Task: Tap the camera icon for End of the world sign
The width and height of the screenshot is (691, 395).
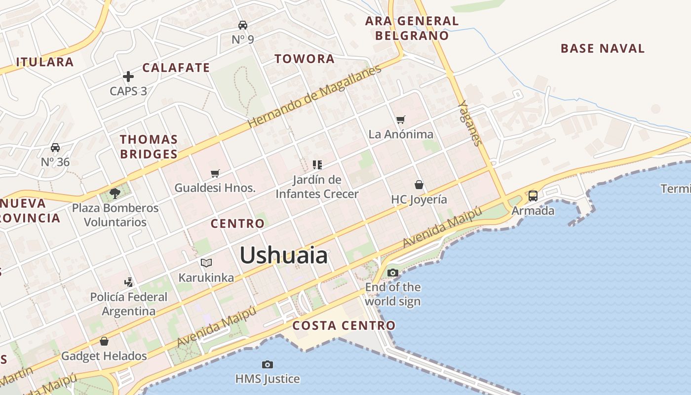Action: (x=393, y=273)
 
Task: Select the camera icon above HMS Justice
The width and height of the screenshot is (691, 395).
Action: (x=268, y=364)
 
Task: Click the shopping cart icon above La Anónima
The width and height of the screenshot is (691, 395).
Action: (x=401, y=119)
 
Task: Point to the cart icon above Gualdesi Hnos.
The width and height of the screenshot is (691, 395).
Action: (x=215, y=173)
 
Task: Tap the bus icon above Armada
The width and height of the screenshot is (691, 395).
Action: (x=533, y=196)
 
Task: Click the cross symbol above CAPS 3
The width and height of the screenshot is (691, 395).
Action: (x=128, y=77)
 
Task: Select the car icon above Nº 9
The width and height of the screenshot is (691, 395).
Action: (x=243, y=25)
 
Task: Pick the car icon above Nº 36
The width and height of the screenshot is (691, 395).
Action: (x=55, y=148)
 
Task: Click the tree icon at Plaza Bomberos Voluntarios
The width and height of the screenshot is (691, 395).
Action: (x=115, y=193)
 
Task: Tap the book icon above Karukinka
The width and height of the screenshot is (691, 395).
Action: (x=206, y=263)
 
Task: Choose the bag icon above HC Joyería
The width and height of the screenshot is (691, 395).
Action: (x=419, y=185)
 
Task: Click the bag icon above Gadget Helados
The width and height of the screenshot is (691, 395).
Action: (x=104, y=341)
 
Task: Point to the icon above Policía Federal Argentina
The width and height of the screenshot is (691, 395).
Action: (x=129, y=282)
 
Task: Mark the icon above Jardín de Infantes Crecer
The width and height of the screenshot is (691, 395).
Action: (x=317, y=164)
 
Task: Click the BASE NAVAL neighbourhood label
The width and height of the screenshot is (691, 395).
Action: (x=603, y=48)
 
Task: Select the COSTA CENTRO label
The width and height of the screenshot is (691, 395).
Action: (x=344, y=325)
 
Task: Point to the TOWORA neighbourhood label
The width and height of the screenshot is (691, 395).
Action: (x=305, y=59)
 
